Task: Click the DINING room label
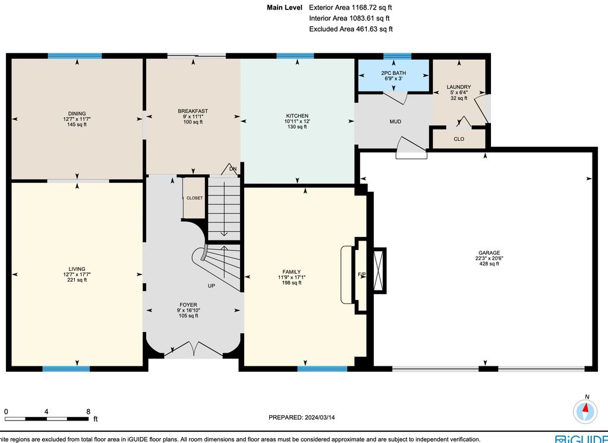(77, 113)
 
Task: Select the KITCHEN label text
(297, 116)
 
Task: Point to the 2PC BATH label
(393, 73)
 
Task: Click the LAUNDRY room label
(459, 87)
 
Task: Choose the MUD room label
(395, 122)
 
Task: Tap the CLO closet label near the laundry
(459, 139)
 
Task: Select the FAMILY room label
(292, 272)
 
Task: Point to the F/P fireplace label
(361, 275)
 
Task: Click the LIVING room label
(77, 269)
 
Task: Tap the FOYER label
(188, 305)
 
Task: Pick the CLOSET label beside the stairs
(195, 198)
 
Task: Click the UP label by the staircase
(212, 286)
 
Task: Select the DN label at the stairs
(232, 169)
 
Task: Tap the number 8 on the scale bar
(89, 412)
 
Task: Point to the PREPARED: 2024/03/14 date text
(302, 417)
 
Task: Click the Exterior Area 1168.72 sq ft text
(351, 7)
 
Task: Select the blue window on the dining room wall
(75, 56)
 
